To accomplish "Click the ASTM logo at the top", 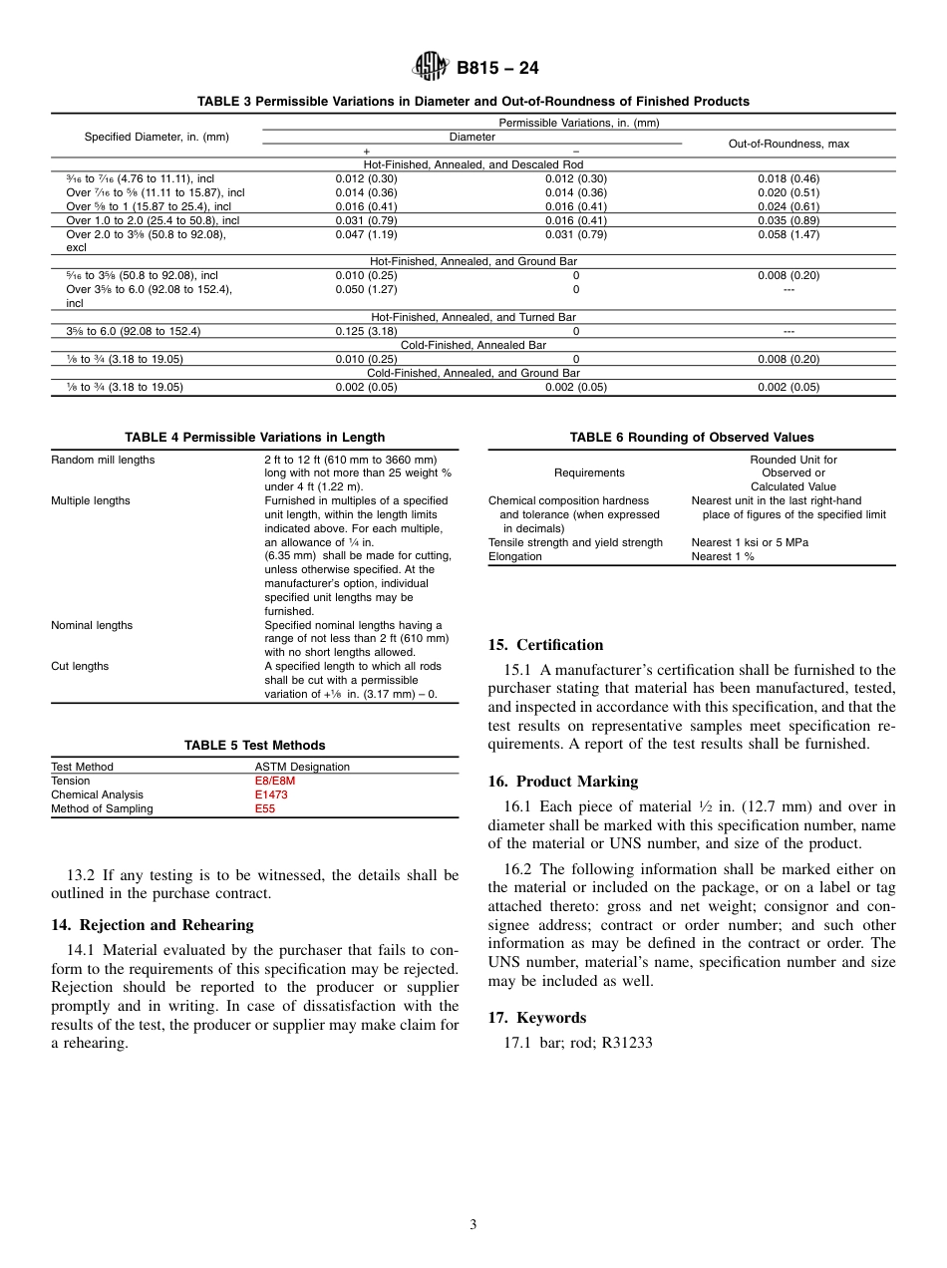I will (431, 68).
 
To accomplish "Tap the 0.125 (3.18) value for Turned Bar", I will (366, 331).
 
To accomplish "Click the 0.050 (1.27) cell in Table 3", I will (366, 289).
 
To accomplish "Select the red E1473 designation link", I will (271, 795).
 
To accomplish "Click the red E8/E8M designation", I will (275, 782).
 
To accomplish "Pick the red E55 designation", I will (265, 809).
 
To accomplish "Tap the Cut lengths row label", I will (80, 666).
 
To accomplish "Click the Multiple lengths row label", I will (91, 500).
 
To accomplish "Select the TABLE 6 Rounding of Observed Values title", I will (692, 437).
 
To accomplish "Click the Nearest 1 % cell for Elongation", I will (723, 556).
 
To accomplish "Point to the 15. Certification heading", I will (545, 645).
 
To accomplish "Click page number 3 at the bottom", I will (473, 1225).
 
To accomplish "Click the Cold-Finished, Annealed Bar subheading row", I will (473, 345).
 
